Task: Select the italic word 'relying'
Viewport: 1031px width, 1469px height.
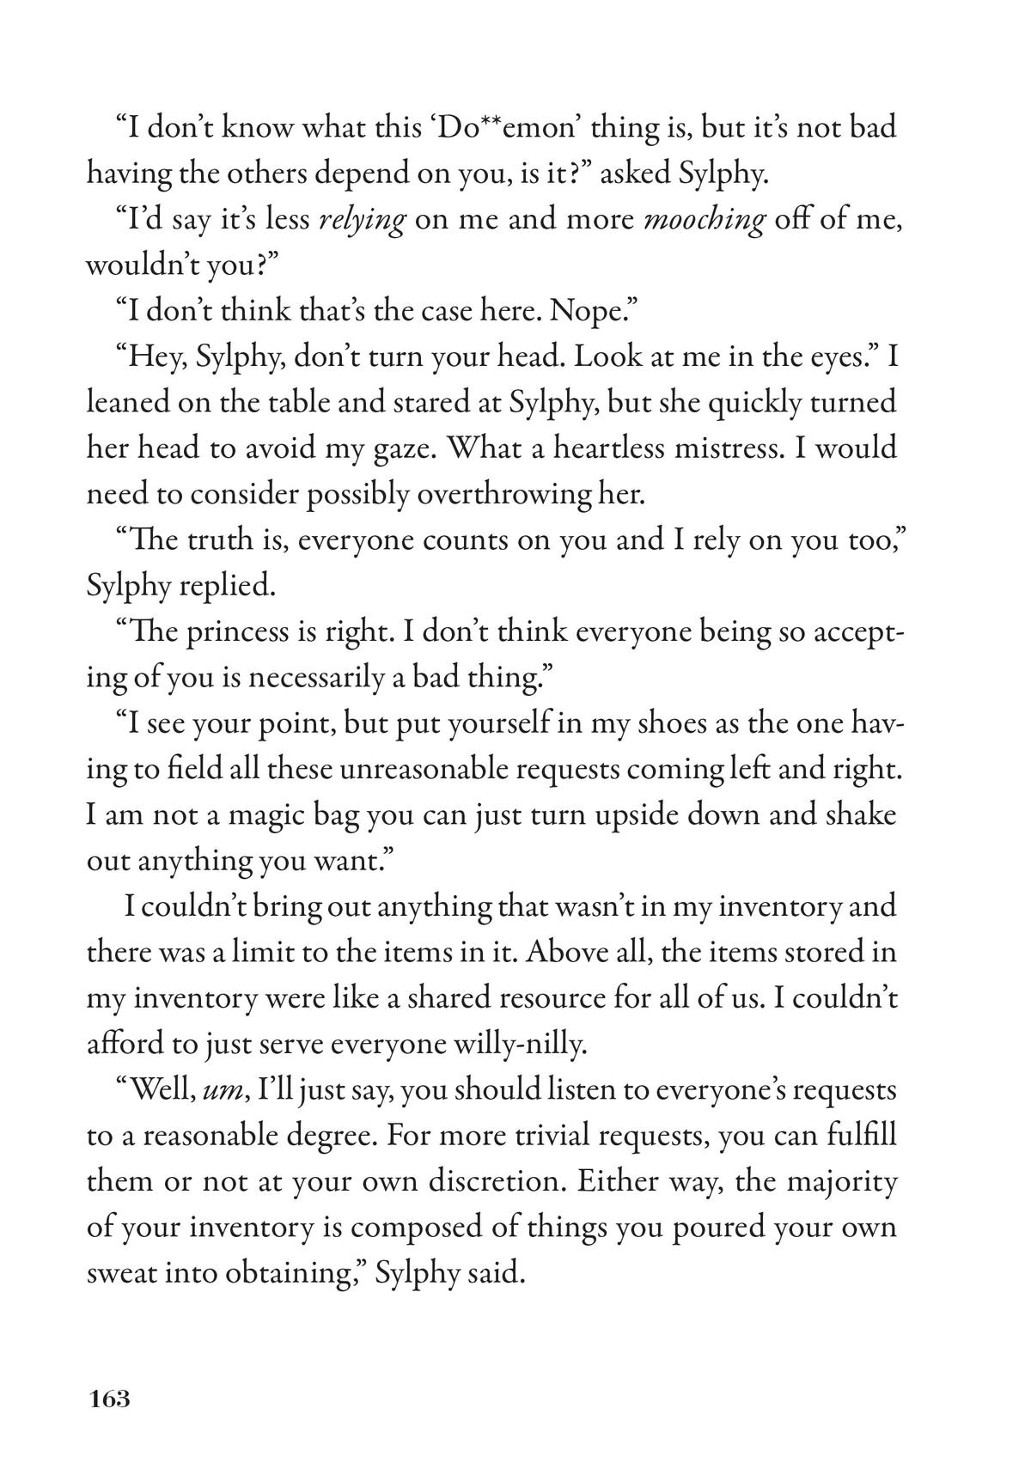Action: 361,221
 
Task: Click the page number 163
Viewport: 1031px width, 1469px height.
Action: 108,1399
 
